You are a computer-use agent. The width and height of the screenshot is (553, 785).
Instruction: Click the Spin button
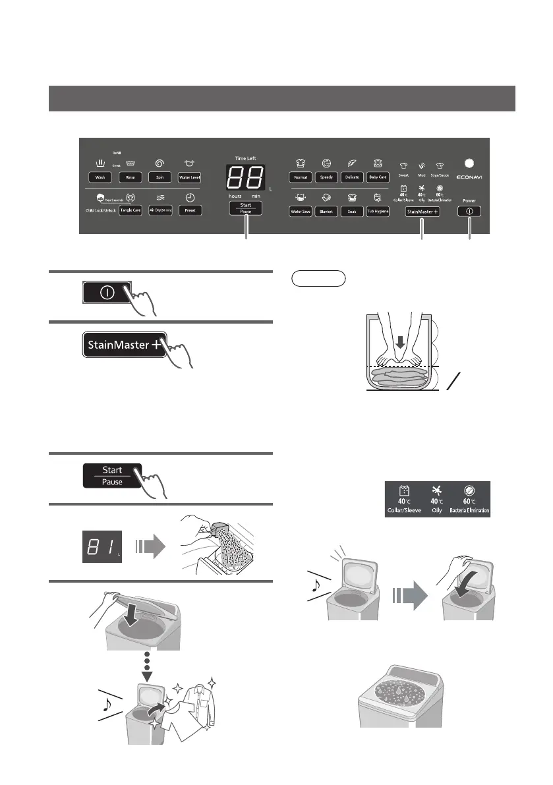pyautogui.click(x=160, y=177)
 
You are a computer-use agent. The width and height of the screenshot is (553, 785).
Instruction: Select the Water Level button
pyautogui.click(x=190, y=177)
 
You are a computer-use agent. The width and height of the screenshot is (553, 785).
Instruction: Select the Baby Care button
pyautogui.click(x=378, y=177)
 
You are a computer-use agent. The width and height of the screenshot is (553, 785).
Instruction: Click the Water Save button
pyautogui.click(x=301, y=211)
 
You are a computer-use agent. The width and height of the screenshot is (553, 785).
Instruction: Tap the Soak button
pyautogui.click(x=352, y=211)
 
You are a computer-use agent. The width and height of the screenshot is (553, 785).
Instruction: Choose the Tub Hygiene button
pyautogui.click(x=378, y=211)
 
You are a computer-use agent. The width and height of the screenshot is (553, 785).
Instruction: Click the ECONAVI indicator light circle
pyautogui.click(x=469, y=163)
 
